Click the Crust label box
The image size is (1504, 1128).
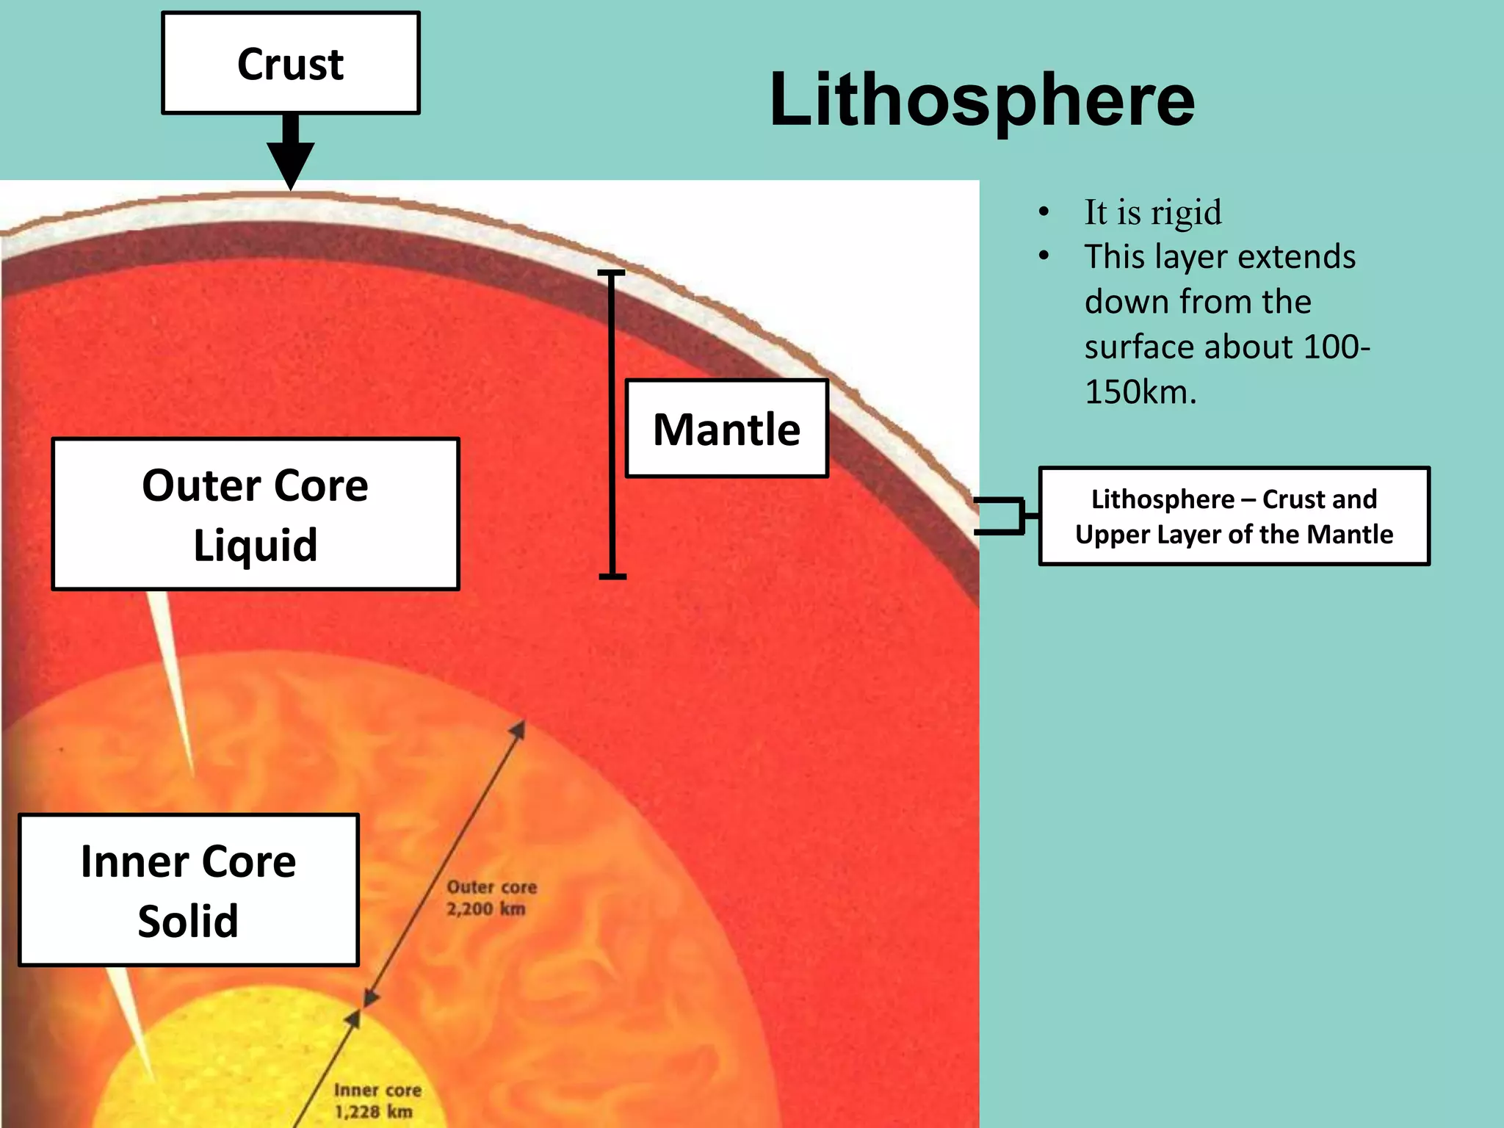pos(290,63)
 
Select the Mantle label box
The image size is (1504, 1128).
pos(726,429)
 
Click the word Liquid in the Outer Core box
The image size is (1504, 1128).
pos(256,546)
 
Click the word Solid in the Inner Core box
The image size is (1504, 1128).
pos(188,921)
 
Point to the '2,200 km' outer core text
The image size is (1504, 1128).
pos(485,909)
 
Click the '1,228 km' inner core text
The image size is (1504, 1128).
pos(373,1111)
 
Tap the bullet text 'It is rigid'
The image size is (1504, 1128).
pos(1153,213)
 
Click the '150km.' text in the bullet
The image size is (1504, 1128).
pos(1140,392)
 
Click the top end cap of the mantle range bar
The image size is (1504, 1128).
pos(611,273)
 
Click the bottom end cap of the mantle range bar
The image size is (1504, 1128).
pos(612,576)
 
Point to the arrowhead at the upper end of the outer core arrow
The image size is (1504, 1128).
pos(518,728)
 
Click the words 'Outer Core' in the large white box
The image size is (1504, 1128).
pos(255,485)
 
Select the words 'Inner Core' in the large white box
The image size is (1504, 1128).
pos(188,861)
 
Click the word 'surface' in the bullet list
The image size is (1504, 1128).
pos(1140,347)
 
